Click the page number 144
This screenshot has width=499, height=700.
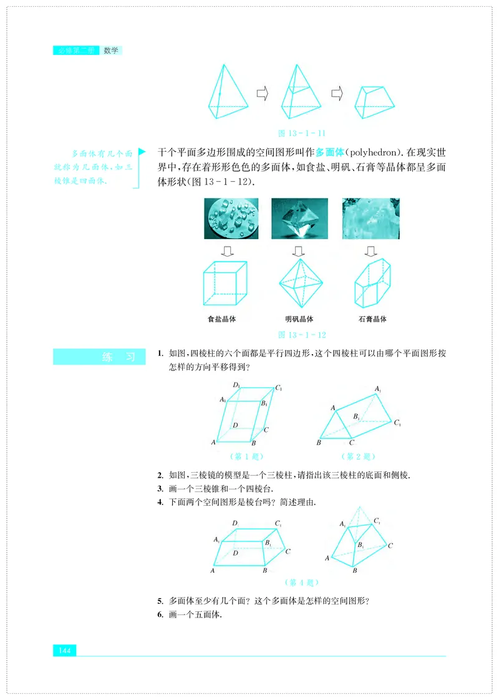coord(64,651)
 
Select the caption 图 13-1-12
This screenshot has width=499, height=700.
coord(302,335)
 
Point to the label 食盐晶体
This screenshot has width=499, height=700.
coord(225,319)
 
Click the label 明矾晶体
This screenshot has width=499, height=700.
coord(299,319)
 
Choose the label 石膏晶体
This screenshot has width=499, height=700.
coord(372,319)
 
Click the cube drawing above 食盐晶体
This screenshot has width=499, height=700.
coord(225,283)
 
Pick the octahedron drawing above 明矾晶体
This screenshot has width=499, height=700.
coord(299,283)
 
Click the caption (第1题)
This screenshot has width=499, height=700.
coord(240,456)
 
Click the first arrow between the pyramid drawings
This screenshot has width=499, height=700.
coord(263,94)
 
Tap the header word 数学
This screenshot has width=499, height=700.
coord(111,50)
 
